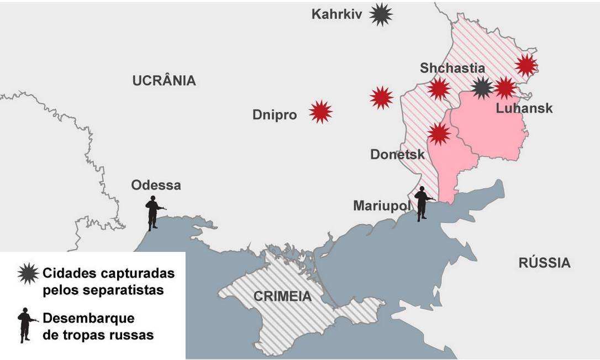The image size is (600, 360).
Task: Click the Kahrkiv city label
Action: (x=336, y=14)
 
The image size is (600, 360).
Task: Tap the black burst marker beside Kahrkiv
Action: (x=381, y=14)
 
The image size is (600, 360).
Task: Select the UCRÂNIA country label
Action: (x=164, y=81)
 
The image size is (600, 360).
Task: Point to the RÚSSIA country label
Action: (x=544, y=263)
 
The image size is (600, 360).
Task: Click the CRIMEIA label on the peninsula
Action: (x=282, y=296)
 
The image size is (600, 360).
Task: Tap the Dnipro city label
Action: (x=275, y=115)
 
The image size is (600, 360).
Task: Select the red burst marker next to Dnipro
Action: (x=320, y=112)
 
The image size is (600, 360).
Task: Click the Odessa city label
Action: (x=156, y=185)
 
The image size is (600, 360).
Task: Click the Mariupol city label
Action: (x=382, y=205)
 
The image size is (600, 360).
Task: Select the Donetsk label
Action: (x=397, y=154)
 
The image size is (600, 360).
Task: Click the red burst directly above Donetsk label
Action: (x=439, y=134)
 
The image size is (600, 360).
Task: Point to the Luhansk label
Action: (x=524, y=108)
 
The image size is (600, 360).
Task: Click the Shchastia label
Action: (x=452, y=68)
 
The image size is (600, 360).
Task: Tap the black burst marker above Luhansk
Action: (x=482, y=88)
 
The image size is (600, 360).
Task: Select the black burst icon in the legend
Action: (x=28, y=273)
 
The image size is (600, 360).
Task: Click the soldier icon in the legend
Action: (x=25, y=326)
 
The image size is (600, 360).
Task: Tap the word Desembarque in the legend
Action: (x=88, y=319)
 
